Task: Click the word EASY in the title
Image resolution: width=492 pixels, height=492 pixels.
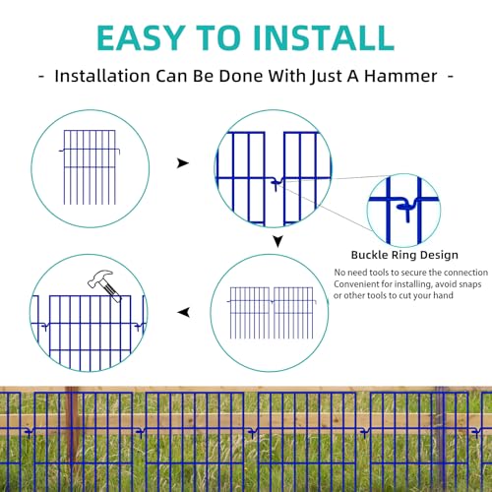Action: point(140,37)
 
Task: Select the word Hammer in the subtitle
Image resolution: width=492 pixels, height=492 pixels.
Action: point(400,76)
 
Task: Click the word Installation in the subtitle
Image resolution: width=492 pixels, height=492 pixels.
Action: point(102,76)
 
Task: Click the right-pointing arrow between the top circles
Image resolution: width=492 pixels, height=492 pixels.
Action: point(183,163)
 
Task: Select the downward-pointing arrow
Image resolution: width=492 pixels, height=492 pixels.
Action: point(277,242)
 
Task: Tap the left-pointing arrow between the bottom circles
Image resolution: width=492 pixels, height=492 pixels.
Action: point(184,312)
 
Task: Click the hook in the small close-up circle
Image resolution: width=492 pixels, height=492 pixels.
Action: point(407,209)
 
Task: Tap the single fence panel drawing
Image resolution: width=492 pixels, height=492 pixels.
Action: point(90,167)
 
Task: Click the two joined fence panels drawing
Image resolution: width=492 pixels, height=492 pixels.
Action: point(272,313)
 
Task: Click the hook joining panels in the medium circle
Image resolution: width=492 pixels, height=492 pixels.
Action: point(277,184)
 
